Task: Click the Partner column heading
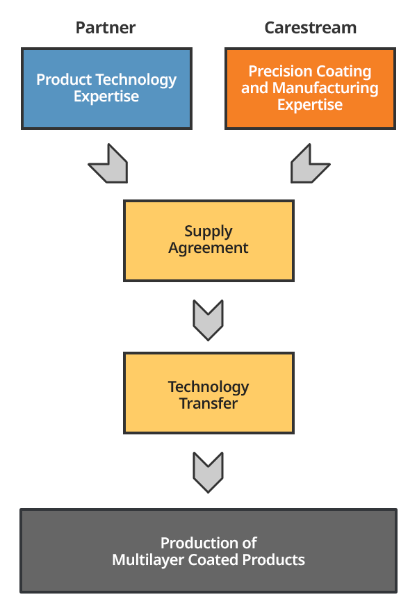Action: click(x=106, y=28)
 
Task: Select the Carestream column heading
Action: click(x=310, y=28)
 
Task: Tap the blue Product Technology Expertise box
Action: click(x=106, y=88)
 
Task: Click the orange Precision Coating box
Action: click(x=310, y=88)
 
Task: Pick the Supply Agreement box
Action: click(x=208, y=240)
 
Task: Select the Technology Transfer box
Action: click(x=208, y=393)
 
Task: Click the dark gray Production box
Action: click(x=208, y=550)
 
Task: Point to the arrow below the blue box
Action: click(x=110, y=165)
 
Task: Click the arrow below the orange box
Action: click(x=309, y=165)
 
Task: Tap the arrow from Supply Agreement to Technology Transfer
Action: click(x=208, y=320)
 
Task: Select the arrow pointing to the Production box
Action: click(x=208, y=472)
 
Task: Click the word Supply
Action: click(x=208, y=232)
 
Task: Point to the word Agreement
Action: click(x=208, y=248)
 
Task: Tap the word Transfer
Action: click(x=208, y=403)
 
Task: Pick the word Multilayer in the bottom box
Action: click(x=148, y=559)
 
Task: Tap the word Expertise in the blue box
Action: click(x=106, y=97)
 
